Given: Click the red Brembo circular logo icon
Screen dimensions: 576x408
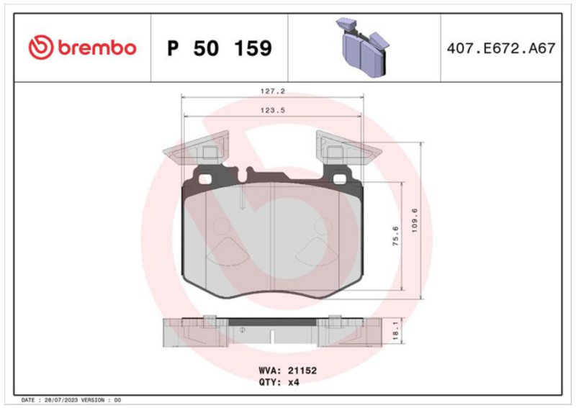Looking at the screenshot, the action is pos(41,47).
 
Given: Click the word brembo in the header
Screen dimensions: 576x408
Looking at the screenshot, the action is pos(97,48).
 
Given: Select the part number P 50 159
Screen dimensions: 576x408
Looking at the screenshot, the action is pos(220,48).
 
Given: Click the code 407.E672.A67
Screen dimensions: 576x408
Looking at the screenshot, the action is pos(501,48).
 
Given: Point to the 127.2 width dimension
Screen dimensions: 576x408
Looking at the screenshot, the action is pos(273,91).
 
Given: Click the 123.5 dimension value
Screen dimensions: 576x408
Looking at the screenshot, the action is pos(273,110).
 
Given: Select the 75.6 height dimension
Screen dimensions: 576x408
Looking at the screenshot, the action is pos(395,236).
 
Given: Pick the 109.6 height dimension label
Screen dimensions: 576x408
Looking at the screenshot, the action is pos(415,220).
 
